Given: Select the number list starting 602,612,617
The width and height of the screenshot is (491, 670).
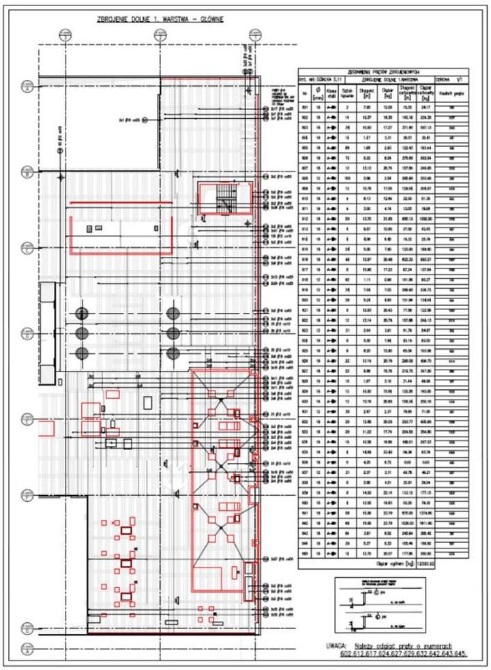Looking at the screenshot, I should pos(399,654).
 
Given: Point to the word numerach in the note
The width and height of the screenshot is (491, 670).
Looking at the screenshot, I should pos(443,645).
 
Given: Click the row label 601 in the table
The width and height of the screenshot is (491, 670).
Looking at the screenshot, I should pos(305,107).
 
